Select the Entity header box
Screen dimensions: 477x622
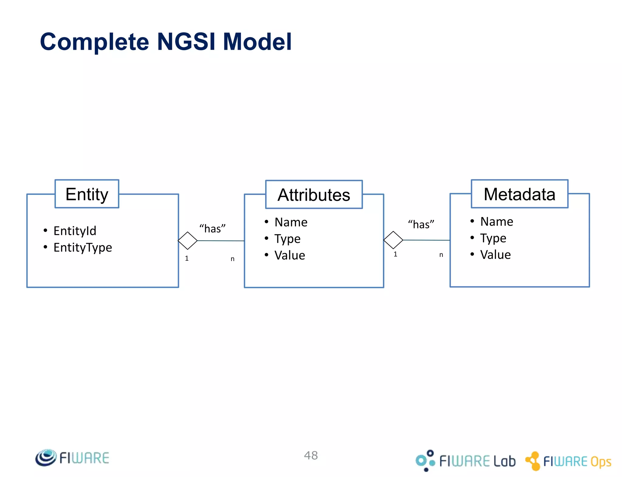tap(87, 194)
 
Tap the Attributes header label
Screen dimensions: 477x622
tap(314, 195)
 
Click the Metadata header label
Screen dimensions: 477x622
tap(519, 194)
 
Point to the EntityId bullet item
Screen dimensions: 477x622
tap(75, 231)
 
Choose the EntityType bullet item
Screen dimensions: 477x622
tap(83, 247)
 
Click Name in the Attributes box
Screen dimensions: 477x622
tap(291, 222)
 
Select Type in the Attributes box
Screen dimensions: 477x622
tap(287, 239)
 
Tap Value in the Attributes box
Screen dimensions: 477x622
tap(290, 255)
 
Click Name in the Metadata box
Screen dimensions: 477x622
tap(497, 222)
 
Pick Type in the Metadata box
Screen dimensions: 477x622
tap(493, 238)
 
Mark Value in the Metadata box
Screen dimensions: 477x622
tap(495, 255)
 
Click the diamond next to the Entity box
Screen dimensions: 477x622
tap(188, 241)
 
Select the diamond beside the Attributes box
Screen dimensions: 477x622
tap(393, 240)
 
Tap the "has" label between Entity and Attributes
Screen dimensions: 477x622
tap(212, 228)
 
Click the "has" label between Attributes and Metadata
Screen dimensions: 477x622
tap(421, 224)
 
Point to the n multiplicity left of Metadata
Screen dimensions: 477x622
tap(441, 255)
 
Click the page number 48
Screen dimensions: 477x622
tap(311, 455)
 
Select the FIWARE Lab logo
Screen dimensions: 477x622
tap(466, 461)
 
